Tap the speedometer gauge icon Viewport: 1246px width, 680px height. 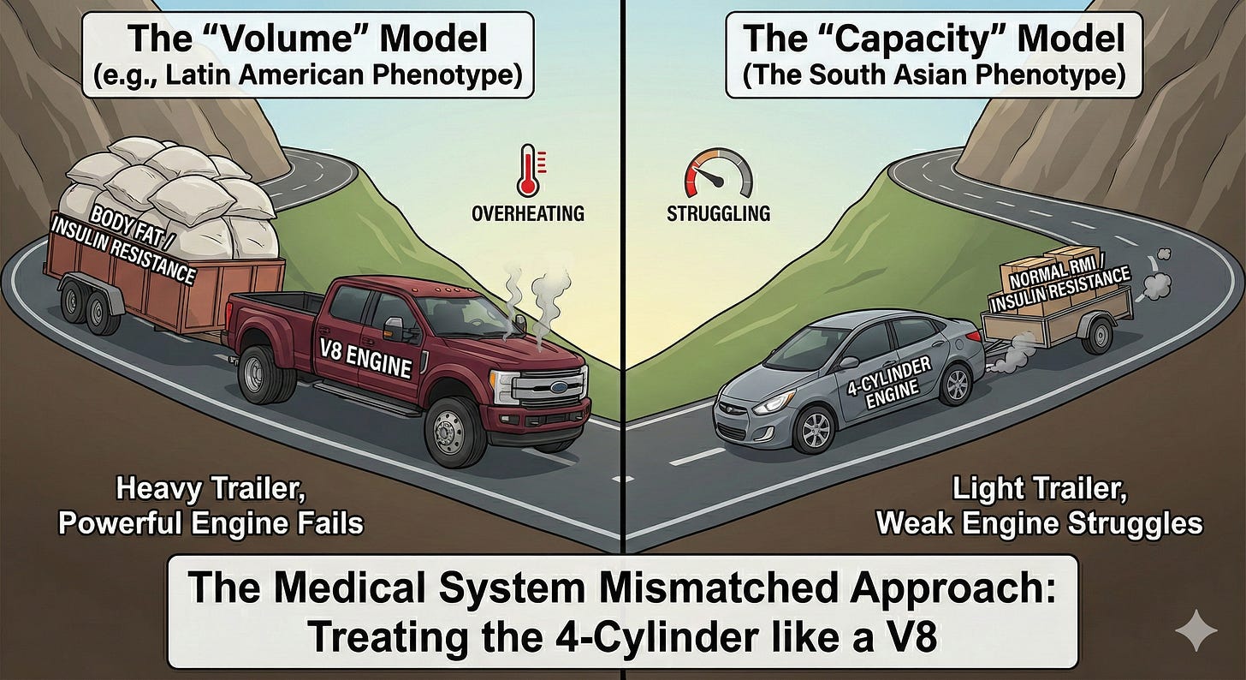coord(718,172)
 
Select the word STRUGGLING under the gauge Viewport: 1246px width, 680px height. coord(717,212)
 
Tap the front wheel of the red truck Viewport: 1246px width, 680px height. coord(449,432)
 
